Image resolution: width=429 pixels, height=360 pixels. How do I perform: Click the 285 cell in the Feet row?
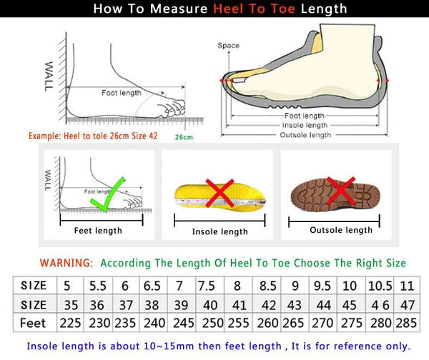407,322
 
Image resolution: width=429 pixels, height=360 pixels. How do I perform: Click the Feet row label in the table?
33,322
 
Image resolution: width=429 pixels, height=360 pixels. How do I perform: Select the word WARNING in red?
66,263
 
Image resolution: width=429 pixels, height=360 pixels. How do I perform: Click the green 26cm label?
184,136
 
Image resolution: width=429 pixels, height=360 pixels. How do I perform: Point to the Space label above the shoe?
229,46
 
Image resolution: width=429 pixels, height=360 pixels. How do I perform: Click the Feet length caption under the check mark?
99,230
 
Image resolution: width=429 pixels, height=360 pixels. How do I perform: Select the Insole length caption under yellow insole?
220,231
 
